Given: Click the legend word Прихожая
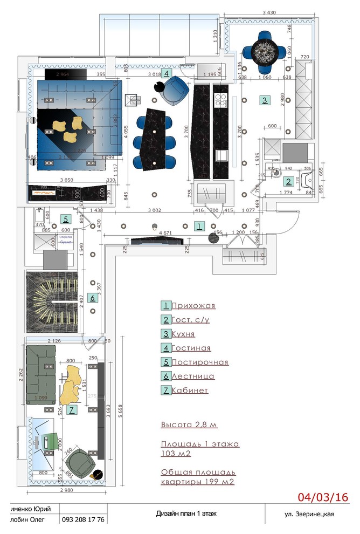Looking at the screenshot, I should coord(193,306).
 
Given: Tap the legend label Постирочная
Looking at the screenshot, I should coord(200,362).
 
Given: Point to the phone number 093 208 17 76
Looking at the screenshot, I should coord(83,519).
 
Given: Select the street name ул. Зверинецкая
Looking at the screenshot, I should coord(309,514).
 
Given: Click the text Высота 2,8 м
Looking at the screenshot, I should coord(189,425).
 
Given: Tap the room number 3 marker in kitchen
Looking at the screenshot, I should coord(264,100).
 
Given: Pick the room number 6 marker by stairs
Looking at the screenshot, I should coord(92,297).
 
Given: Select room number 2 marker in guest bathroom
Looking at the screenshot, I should coord(289,181).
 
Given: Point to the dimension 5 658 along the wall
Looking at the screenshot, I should coord(118,415).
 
